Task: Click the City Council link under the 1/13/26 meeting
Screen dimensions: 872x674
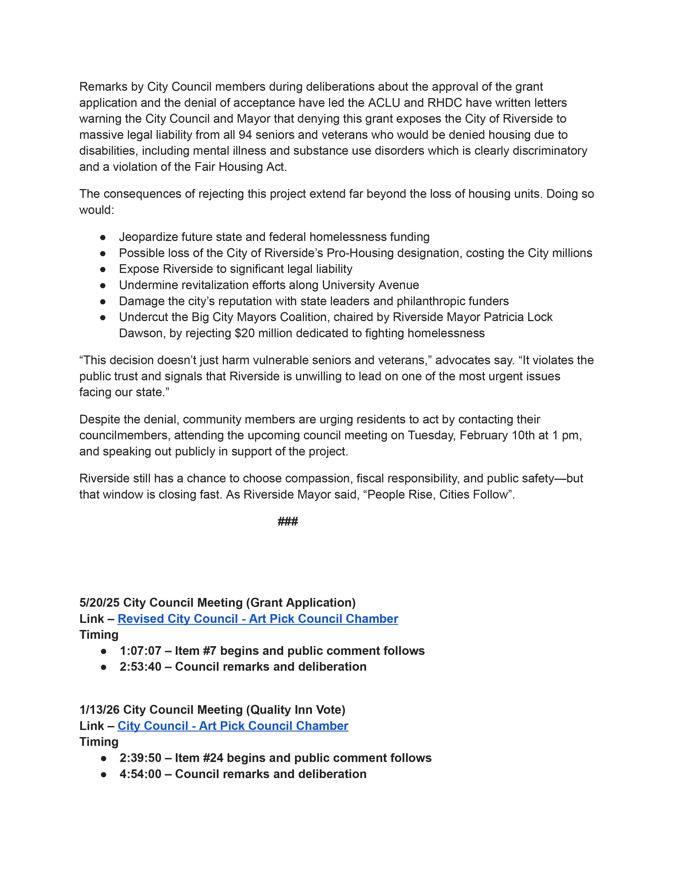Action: [x=233, y=725]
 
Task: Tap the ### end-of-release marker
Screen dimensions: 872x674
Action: [x=288, y=522]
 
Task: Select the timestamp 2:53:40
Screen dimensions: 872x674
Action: [x=140, y=666]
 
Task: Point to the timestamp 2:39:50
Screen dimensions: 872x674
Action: [x=140, y=757]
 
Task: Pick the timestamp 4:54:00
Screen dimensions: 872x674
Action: [x=140, y=774]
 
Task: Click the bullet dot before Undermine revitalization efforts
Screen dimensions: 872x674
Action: [x=103, y=285]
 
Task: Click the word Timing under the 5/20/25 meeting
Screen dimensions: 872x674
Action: [x=99, y=634]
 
